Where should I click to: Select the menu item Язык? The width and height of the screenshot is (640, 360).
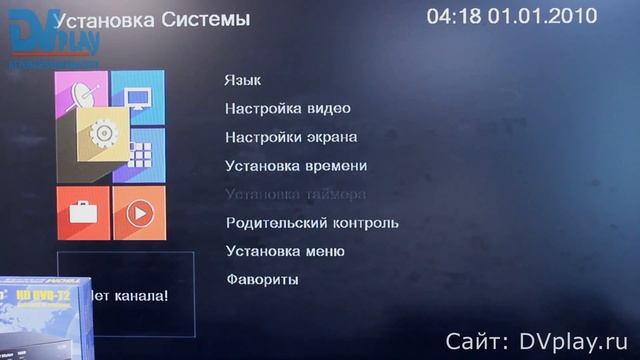click(243, 80)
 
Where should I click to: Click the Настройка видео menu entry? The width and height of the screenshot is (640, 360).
click(288, 108)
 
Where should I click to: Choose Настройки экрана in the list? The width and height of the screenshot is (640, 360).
click(291, 137)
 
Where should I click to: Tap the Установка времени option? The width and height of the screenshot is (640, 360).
click(296, 165)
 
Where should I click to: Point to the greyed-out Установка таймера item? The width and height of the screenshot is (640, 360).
click(295, 194)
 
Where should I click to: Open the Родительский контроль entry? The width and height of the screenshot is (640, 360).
click(312, 223)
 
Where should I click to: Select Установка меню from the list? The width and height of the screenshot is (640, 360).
click(285, 251)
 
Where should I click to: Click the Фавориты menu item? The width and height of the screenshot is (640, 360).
click(262, 280)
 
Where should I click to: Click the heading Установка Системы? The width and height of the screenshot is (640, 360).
click(151, 19)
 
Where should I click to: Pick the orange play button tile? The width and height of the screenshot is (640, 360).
click(139, 213)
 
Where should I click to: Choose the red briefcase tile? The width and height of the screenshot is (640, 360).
click(83, 213)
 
